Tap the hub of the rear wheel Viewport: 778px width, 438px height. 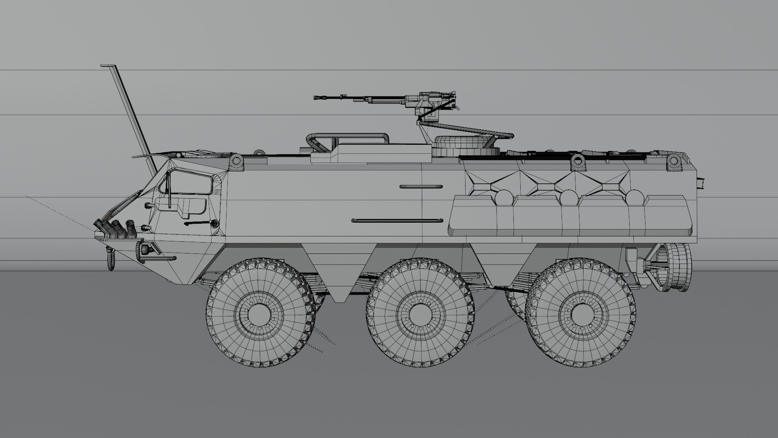pos(580,313)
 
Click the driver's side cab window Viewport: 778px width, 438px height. pos(190,182)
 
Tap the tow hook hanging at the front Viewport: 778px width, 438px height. pos(110,260)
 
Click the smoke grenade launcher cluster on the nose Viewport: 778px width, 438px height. pos(115,227)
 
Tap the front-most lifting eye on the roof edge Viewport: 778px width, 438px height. pos(237,162)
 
